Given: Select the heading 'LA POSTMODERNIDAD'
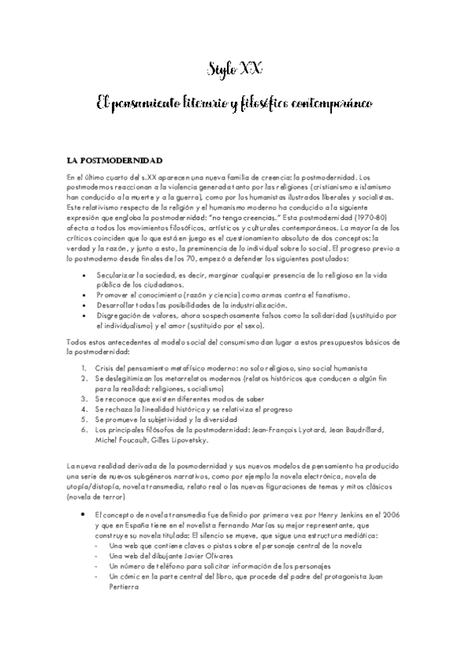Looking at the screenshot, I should coord(108,160).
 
